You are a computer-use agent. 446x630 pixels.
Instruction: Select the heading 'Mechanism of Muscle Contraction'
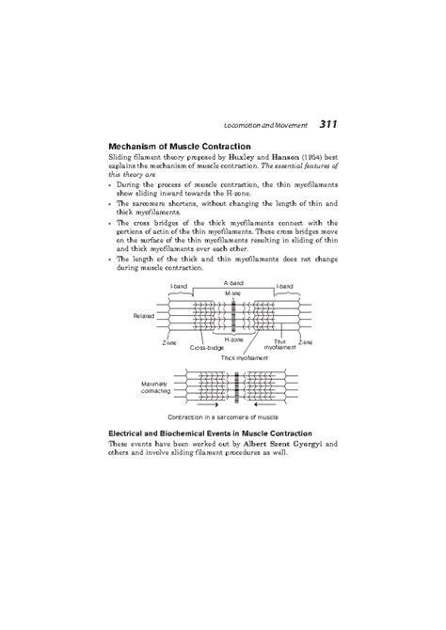180,147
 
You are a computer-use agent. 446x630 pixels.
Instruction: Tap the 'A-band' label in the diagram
233,282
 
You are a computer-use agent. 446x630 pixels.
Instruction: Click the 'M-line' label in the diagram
232,293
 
